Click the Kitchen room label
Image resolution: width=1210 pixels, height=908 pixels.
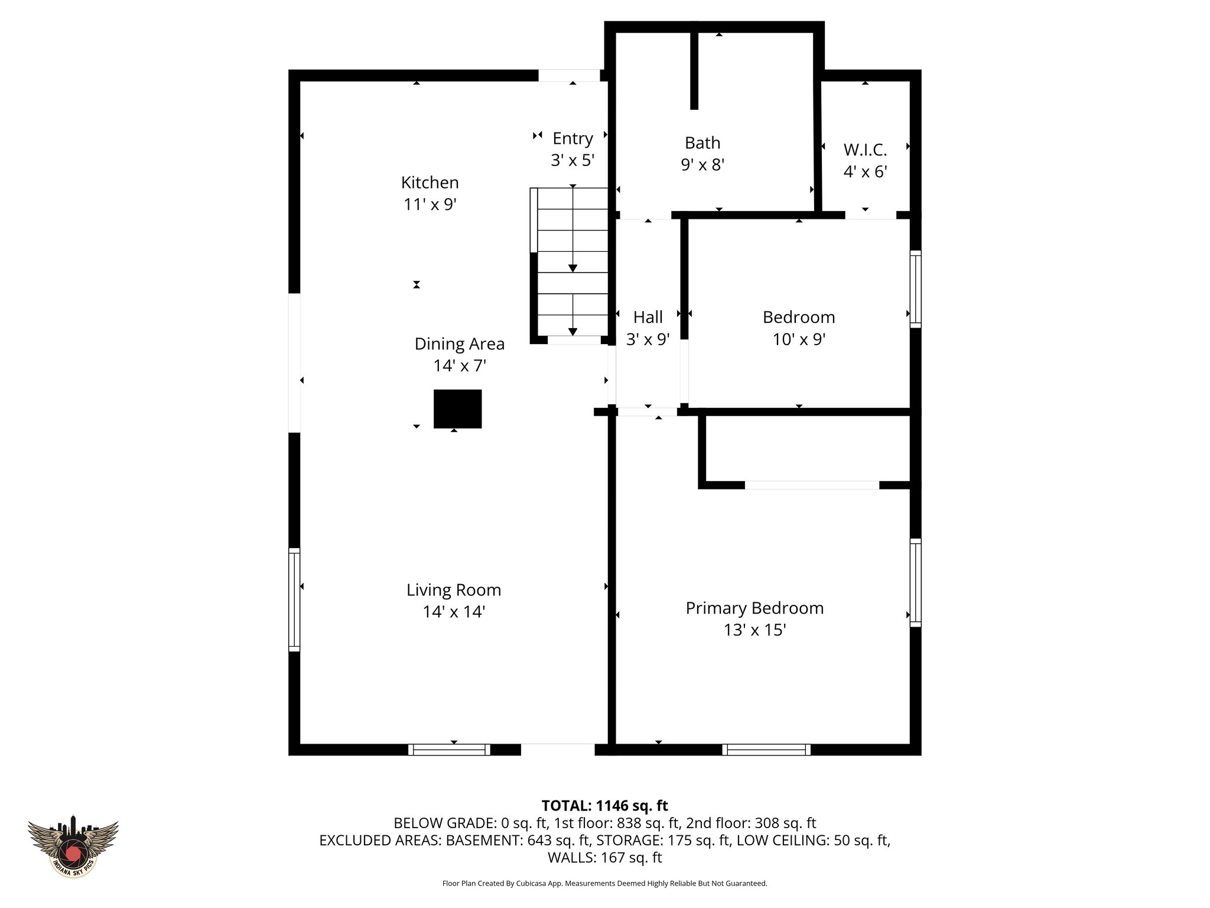click(x=430, y=182)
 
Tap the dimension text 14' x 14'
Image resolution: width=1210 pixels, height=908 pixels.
click(x=454, y=612)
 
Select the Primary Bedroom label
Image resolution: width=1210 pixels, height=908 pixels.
click(x=754, y=608)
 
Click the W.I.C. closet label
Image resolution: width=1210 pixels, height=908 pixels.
click(x=865, y=150)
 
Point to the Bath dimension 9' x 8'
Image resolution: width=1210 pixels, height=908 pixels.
click(x=702, y=164)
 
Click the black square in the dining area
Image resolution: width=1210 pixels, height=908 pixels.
click(x=457, y=408)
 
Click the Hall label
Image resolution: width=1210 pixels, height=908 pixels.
click(x=648, y=317)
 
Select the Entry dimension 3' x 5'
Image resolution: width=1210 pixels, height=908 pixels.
click(x=572, y=160)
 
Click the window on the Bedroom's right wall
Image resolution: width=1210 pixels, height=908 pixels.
click(x=915, y=288)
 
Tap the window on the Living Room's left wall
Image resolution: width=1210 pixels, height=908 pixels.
click(x=294, y=599)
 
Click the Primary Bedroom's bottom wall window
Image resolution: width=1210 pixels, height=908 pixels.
click(x=766, y=749)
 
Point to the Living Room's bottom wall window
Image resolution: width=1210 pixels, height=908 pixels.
click(x=449, y=749)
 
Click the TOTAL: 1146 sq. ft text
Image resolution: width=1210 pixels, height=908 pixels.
click(x=604, y=806)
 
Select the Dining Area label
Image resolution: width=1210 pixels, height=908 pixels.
click(x=459, y=344)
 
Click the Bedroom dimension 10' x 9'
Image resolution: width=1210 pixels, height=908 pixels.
click(x=799, y=339)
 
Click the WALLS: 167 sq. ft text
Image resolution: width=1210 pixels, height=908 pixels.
click(x=604, y=857)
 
